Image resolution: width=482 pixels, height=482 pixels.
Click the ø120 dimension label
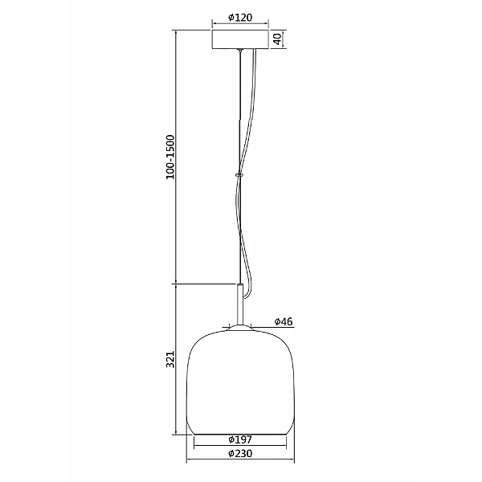[x=240, y=18]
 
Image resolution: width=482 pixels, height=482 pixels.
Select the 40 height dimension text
[x=277, y=39]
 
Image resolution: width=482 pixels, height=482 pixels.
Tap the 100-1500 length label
[x=170, y=157]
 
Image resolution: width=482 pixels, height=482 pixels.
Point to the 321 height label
[x=170, y=359]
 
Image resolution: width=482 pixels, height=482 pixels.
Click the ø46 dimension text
[x=284, y=321]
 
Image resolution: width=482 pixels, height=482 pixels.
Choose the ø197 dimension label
[x=240, y=439]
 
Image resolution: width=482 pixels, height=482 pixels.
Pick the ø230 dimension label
[x=240, y=454]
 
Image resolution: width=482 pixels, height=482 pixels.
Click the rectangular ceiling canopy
[x=240, y=39]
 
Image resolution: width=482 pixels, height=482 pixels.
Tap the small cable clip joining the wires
[x=239, y=175]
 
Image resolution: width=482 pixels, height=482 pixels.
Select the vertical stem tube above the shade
[x=239, y=304]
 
